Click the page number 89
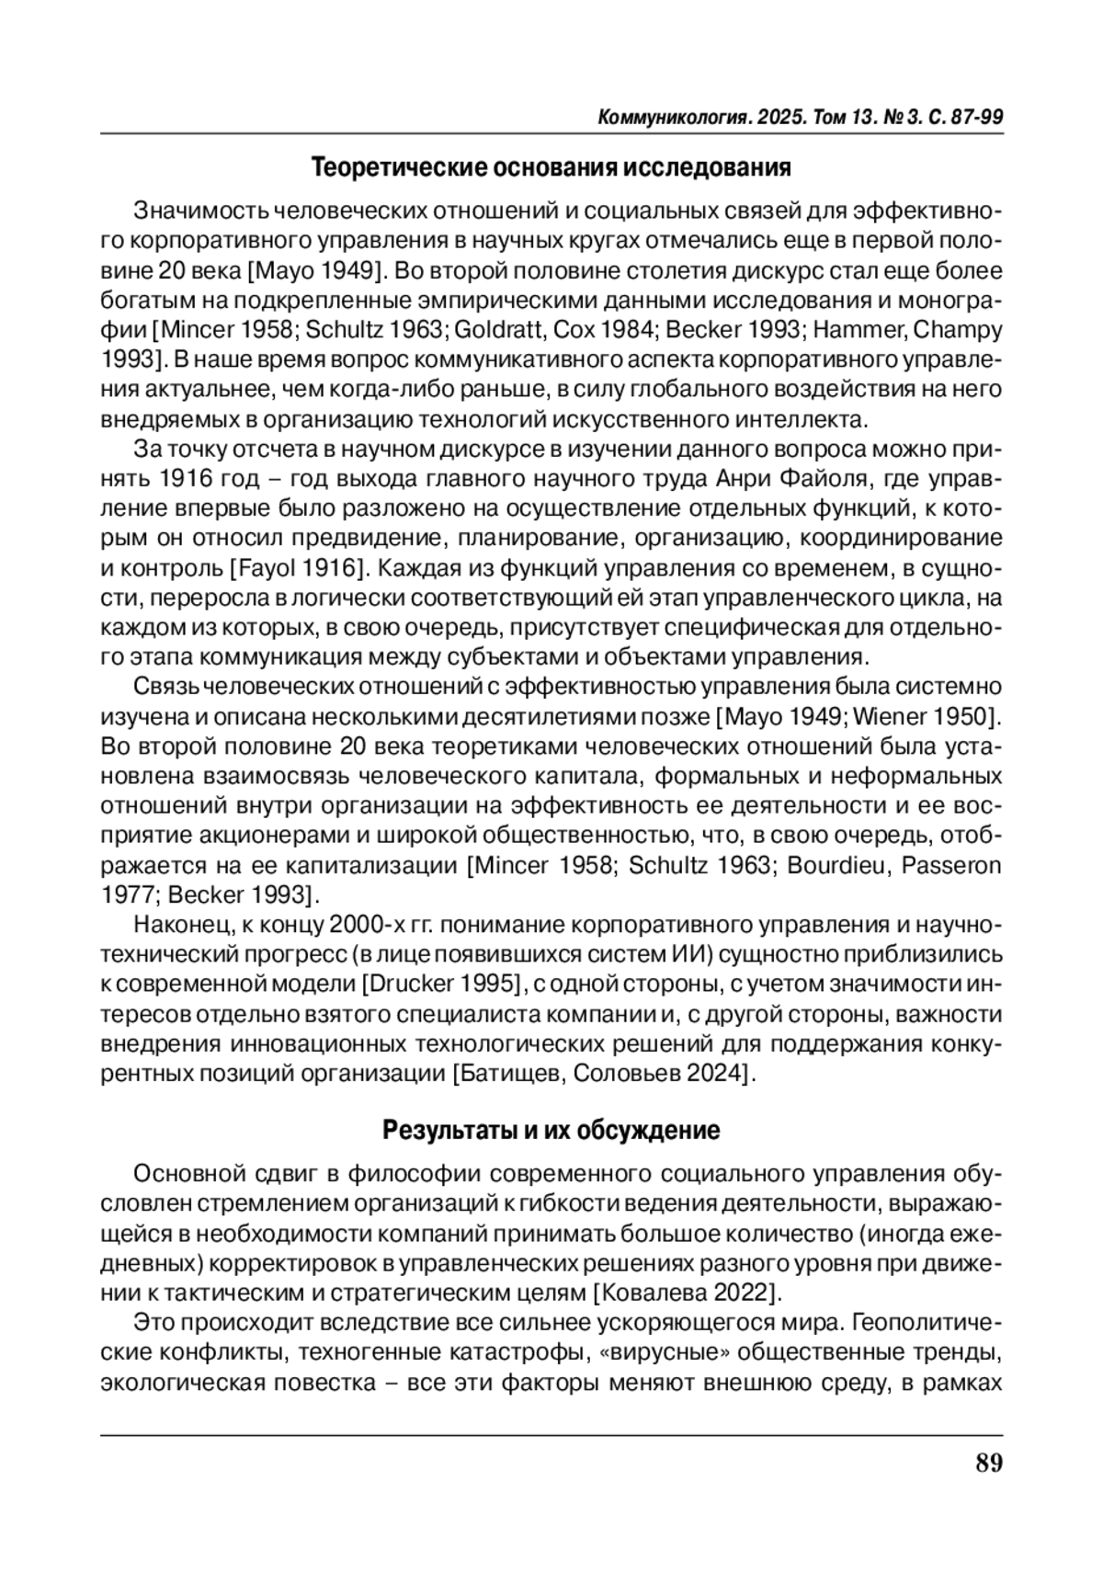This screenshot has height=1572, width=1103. click(x=988, y=1464)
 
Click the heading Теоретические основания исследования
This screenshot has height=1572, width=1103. click(x=551, y=168)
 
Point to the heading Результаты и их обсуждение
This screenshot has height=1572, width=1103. click(x=551, y=1130)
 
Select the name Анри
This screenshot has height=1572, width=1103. click(x=745, y=479)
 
